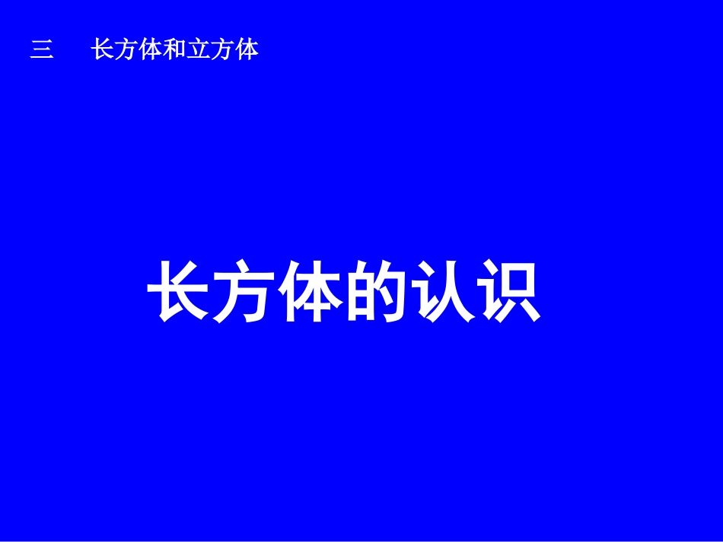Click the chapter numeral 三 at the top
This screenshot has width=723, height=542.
coord(42,51)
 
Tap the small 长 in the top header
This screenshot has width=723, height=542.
coord(103,50)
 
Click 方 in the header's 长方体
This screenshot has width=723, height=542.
coord(126,50)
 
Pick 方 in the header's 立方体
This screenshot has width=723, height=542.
coord(223,50)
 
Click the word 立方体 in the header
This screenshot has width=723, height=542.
coord(223,50)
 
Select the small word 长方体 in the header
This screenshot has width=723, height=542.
coord(126,50)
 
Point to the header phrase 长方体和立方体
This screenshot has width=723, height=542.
coord(175,50)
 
